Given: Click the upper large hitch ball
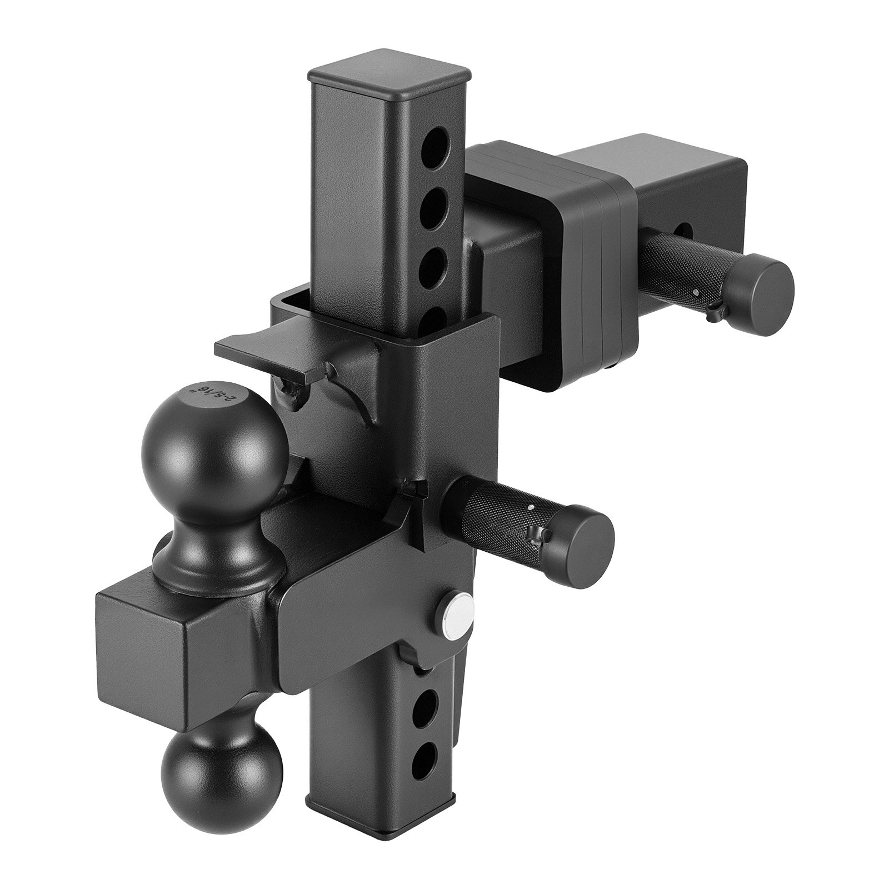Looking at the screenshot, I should click(x=214, y=442).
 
